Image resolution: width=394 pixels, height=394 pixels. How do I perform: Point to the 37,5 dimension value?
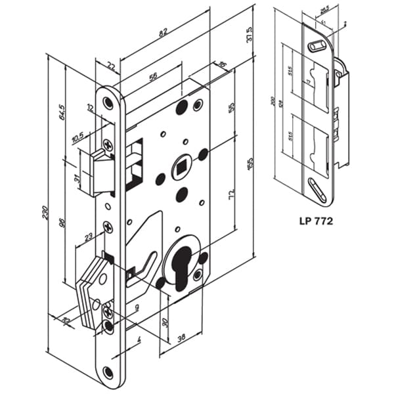(x=250, y=33)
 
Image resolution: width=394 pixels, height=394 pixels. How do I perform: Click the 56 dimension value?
(x=152, y=77)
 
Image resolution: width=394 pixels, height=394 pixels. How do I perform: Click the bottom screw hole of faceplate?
(x=108, y=372)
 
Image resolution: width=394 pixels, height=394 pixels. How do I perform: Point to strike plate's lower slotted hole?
(x=317, y=190)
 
